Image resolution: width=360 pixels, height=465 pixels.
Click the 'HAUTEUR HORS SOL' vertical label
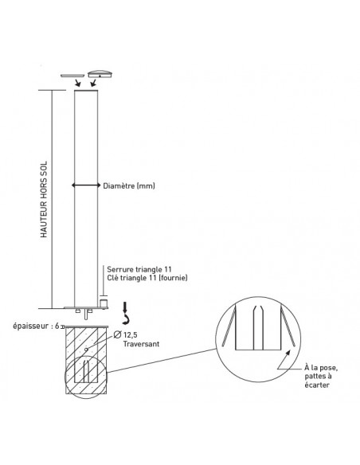click(x=44, y=199)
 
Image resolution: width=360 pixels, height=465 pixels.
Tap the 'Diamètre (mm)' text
click(x=129, y=186)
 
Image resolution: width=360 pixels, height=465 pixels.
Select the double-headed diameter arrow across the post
click(x=86, y=186)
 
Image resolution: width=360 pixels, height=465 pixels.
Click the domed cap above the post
click(x=100, y=74)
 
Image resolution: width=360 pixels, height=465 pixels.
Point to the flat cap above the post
click(x=72, y=76)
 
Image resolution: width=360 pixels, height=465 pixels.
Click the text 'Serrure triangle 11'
click(x=139, y=269)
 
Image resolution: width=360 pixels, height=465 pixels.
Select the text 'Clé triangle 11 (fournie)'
click(x=147, y=278)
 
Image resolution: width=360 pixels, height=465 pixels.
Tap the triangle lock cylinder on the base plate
click(x=104, y=303)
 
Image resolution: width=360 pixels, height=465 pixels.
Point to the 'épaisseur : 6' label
click(x=36, y=326)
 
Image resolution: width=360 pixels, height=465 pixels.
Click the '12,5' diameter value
click(x=130, y=335)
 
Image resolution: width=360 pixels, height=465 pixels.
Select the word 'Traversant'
click(x=141, y=344)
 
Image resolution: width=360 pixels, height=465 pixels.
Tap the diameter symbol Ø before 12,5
click(x=117, y=334)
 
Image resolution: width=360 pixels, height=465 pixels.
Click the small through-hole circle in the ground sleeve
click(x=86, y=350)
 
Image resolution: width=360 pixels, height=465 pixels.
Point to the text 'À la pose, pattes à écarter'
click(x=321, y=377)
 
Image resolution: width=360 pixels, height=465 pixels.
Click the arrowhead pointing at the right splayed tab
click(x=288, y=352)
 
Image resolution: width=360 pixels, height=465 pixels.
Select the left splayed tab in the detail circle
click(x=229, y=326)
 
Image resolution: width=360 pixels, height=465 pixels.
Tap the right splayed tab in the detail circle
click(x=288, y=326)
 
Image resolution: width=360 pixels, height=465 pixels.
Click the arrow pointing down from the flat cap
click(x=78, y=83)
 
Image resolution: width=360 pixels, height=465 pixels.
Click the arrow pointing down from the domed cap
click(x=93, y=83)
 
